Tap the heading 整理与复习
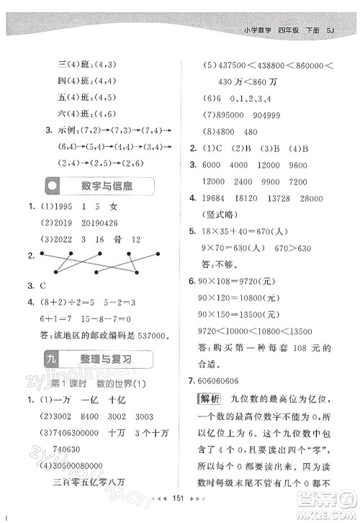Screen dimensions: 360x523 tap(108, 358)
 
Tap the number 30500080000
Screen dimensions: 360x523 tap(92, 465)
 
